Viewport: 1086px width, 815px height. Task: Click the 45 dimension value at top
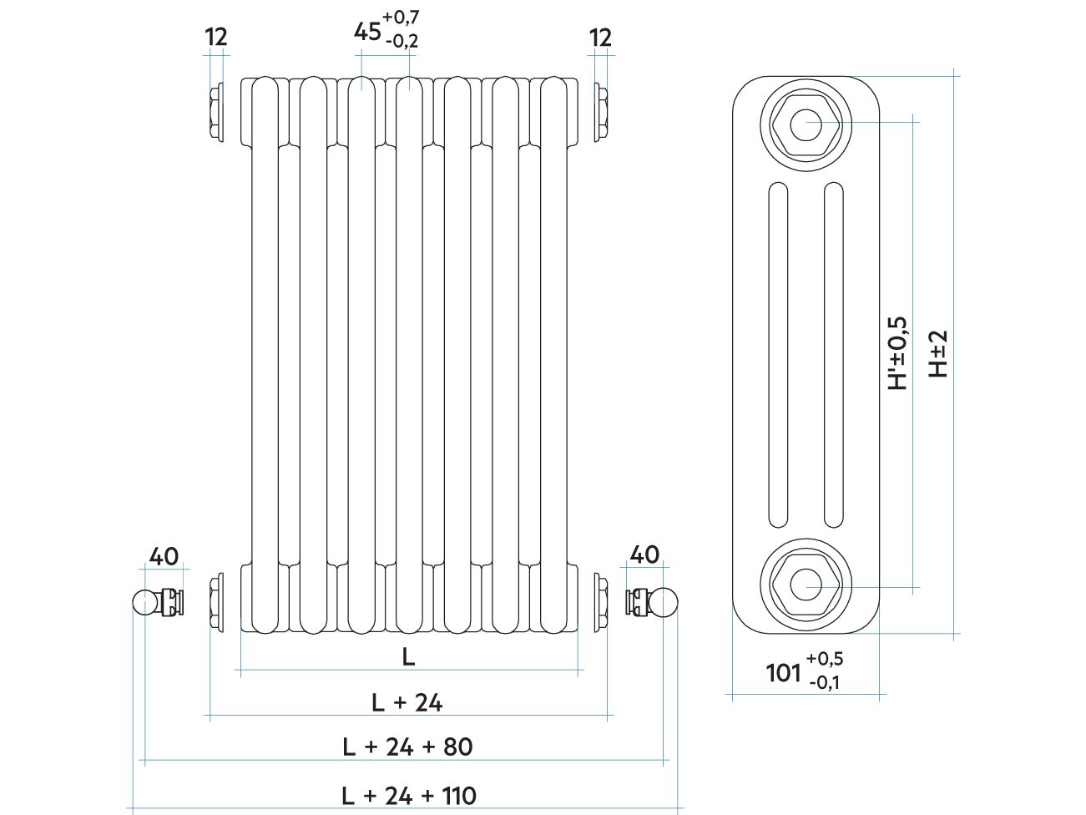pos(367,33)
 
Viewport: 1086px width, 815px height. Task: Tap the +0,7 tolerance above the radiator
pos(401,18)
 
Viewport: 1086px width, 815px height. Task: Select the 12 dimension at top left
pos(216,37)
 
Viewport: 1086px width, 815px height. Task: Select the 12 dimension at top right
pos(601,38)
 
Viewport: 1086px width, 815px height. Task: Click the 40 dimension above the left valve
pos(164,556)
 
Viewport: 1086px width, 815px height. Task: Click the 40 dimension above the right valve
pos(644,554)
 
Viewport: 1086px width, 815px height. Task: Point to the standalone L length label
pos(408,657)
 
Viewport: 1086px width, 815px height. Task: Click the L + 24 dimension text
pos(407,702)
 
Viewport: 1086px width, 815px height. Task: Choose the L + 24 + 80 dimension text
pos(407,747)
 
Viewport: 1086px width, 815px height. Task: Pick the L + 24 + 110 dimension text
pos(409,796)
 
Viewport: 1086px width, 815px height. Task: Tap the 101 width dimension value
pos(783,673)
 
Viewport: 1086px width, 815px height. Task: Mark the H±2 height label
pos(937,354)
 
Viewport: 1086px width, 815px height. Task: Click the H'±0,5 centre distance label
pos(898,353)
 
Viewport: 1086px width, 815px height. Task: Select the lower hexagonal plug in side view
pos(806,585)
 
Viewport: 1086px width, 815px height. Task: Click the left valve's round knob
pos(144,602)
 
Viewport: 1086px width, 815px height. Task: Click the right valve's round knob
pos(665,600)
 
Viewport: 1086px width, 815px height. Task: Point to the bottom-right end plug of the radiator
pos(601,602)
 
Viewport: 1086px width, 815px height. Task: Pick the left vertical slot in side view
pos(778,354)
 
